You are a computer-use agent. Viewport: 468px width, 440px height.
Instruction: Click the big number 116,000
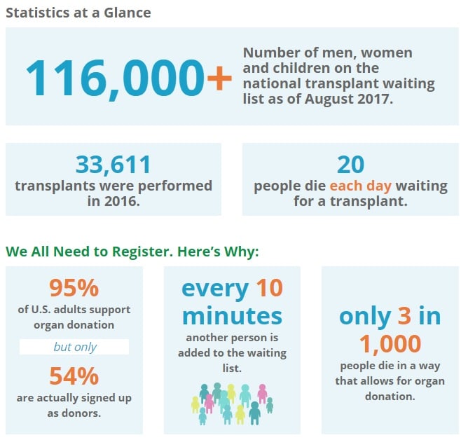pos(115,78)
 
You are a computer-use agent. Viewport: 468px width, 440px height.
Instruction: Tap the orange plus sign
pos(219,78)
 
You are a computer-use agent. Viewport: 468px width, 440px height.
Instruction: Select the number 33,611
pos(113,165)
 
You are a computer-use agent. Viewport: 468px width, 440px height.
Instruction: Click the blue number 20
pos(350,165)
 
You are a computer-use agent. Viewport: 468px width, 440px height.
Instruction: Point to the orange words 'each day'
pos(361,186)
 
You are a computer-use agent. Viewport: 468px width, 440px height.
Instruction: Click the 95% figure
pos(74,288)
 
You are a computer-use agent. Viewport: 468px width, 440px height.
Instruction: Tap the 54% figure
pos(74,376)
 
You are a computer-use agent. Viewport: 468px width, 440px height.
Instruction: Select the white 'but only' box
pos(74,347)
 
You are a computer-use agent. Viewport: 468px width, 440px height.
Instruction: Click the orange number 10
pos(270,288)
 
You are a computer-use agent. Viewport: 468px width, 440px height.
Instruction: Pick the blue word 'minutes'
pos(232,316)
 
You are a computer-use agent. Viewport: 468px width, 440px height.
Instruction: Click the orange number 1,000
pos(390,344)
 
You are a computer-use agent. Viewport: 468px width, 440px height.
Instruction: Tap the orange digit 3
pos(404,315)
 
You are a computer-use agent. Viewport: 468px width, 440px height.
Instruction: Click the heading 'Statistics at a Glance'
pos(78,13)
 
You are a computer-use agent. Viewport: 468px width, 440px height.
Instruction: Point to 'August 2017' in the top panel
pos(349,99)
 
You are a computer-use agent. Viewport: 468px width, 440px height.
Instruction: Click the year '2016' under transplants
pos(122,201)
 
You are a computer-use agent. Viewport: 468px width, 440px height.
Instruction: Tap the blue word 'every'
pos(215,289)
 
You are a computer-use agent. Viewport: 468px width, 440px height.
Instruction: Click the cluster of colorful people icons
pos(232,404)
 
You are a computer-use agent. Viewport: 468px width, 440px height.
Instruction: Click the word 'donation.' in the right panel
pos(390,397)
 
